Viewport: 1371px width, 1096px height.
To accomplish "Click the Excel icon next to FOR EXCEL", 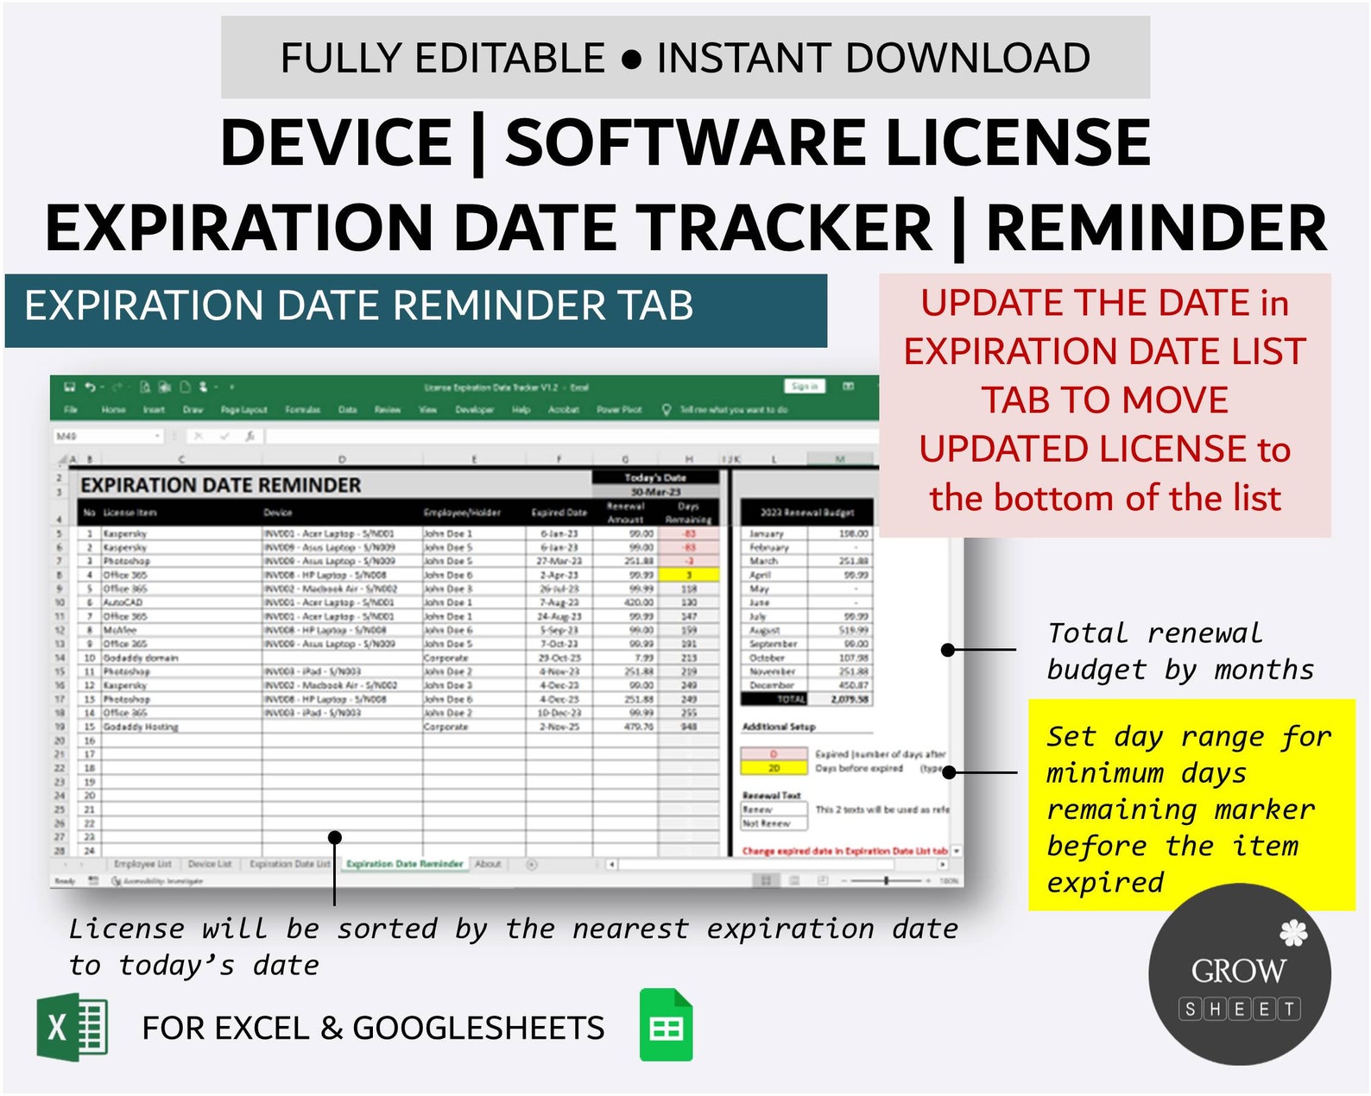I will [x=72, y=1027].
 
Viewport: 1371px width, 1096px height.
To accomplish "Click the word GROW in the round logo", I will [x=1238, y=971].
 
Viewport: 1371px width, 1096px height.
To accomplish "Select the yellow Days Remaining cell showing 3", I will [x=689, y=575].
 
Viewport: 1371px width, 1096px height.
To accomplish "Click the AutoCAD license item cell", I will [x=123, y=602].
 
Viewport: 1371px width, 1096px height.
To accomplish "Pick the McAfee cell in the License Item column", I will [x=120, y=630].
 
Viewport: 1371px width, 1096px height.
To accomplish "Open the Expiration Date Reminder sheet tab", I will [x=404, y=864].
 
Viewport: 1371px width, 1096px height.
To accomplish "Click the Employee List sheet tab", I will [x=142, y=864].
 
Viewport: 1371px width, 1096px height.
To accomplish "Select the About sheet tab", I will [x=488, y=864].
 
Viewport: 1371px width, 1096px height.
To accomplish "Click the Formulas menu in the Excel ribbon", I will [x=302, y=410].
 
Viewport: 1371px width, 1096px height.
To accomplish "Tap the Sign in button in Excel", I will [x=805, y=387].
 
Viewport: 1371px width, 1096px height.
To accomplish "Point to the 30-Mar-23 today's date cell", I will [x=655, y=492].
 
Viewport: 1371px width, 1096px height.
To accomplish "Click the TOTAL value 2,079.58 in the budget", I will [x=850, y=699].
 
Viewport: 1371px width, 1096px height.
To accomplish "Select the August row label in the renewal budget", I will [x=764, y=630].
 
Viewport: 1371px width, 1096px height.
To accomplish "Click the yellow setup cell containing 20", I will [x=774, y=768].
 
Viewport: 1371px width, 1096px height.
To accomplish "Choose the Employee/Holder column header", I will [x=462, y=513].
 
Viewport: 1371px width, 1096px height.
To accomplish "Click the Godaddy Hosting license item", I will [x=141, y=727].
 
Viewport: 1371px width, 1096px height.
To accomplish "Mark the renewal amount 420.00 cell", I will [x=639, y=602].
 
